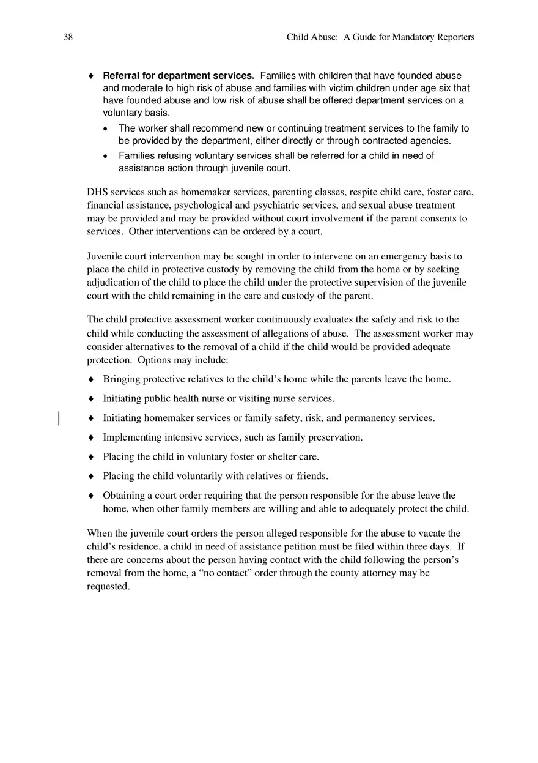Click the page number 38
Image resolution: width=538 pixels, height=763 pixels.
tap(68, 37)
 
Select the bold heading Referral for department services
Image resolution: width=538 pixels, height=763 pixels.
tap(179, 76)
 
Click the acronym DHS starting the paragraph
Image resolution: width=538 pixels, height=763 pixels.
tap(97, 192)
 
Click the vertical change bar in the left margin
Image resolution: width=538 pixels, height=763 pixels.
tap(59, 419)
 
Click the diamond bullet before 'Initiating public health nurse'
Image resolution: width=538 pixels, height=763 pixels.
tap(91, 399)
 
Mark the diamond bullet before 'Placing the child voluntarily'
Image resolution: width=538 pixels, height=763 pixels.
tap(91, 476)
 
